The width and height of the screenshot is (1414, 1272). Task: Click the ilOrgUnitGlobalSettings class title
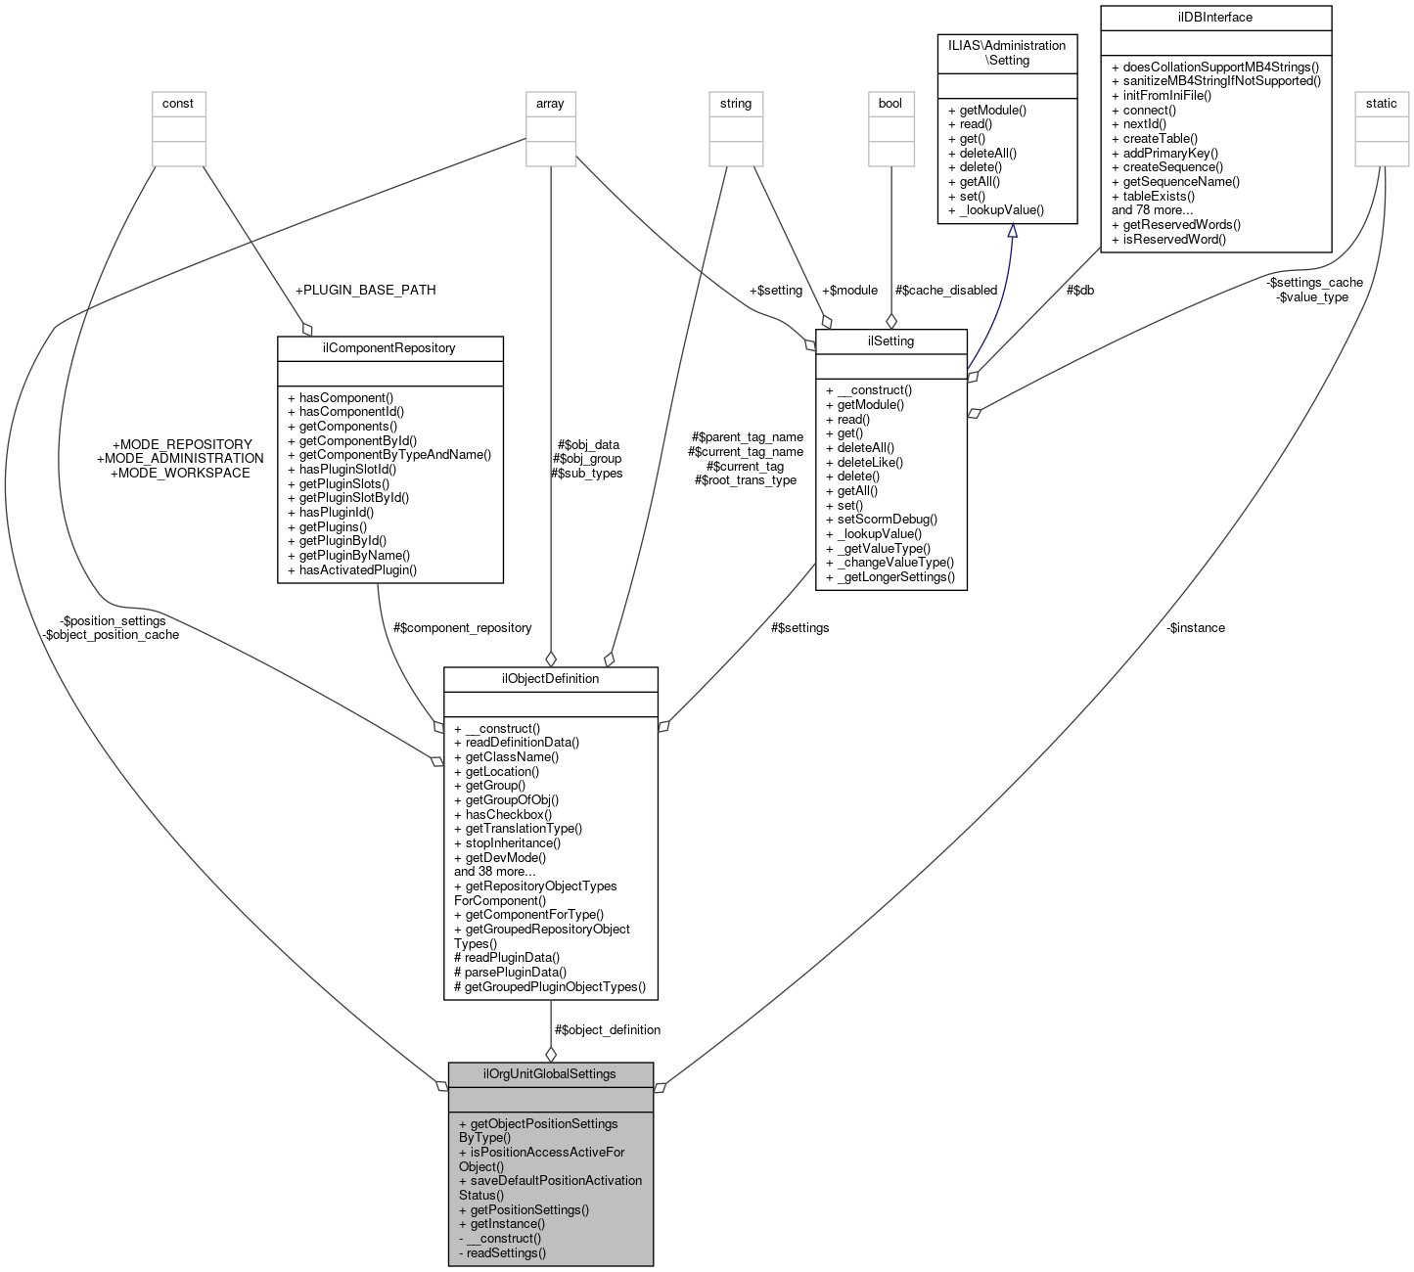pos(550,1073)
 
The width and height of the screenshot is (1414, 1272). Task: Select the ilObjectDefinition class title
pos(550,678)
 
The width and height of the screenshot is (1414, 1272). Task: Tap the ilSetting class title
pos(890,341)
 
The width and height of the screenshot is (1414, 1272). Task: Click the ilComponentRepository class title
pos(389,347)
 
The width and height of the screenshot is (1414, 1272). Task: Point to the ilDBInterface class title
pos(1215,18)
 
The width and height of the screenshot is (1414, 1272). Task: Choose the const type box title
pos(178,103)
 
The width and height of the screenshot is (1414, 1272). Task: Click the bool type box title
pos(890,103)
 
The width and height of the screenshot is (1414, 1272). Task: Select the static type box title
pos(1381,103)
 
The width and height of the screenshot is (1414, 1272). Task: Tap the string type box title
pos(736,103)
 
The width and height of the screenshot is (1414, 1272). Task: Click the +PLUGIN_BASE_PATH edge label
pos(365,290)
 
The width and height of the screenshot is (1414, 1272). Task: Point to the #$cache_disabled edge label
pos(945,290)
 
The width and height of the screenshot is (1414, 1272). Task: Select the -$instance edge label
pos(1195,627)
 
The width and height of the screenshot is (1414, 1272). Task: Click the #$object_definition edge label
pos(607,1029)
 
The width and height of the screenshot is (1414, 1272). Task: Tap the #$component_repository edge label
pos(462,627)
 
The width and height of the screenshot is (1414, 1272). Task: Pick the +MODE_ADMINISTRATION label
pos(180,458)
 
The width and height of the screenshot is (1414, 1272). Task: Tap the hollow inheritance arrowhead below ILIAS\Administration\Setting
pos(1012,231)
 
